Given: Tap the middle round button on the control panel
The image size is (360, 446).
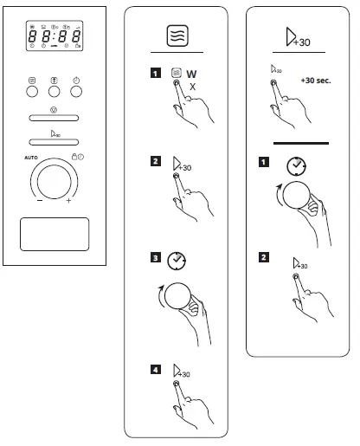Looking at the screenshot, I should coord(55,90).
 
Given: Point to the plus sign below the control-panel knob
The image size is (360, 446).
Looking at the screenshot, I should coord(69,202).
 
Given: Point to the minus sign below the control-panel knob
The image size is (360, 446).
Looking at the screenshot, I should coord(39,202).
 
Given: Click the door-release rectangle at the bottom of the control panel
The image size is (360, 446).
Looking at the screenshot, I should coord(55,234).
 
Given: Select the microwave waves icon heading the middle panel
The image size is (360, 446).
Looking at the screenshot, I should coord(176,37).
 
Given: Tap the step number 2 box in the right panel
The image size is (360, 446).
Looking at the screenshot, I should coord(261,256).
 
